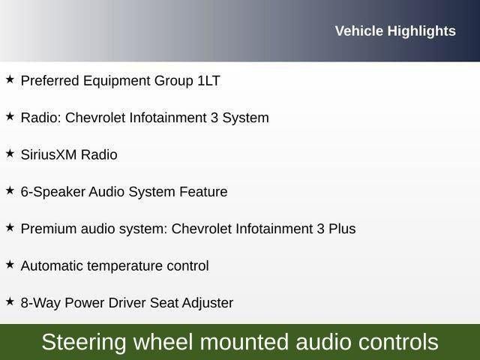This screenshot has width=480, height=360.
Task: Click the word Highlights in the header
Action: coord(421,31)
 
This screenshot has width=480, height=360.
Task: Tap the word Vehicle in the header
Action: coord(359,31)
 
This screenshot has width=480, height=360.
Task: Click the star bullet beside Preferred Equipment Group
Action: coord(10,79)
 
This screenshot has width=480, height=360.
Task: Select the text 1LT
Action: coord(208,81)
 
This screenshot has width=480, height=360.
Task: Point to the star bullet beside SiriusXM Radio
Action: coord(10,153)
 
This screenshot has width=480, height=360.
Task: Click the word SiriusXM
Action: coord(49,154)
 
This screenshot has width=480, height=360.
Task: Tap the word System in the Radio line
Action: coord(245,118)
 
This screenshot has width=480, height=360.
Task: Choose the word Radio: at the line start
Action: coord(41,118)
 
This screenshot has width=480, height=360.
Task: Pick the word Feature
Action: coord(203,192)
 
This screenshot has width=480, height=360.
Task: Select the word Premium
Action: coord(49,229)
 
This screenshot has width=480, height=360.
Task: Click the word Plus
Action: coord(342,229)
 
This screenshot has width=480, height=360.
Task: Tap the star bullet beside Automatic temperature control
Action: coord(10,265)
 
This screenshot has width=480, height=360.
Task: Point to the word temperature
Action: coord(124,266)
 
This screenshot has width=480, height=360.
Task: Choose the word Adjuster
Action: coord(208,303)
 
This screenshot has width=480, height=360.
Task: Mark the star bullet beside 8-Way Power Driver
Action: coord(10,301)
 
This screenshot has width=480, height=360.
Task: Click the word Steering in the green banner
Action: coord(84,343)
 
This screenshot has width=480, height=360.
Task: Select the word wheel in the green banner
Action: coord(163,342)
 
